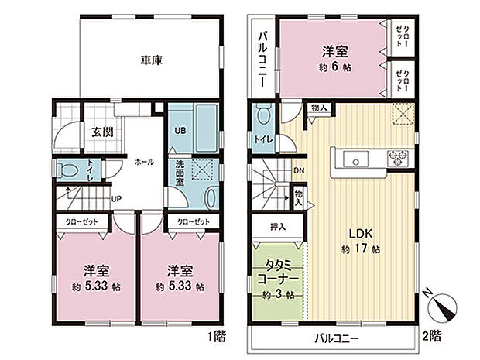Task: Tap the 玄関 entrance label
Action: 101,132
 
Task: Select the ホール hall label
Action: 144,162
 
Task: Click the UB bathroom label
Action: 178,129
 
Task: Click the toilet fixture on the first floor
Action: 67,169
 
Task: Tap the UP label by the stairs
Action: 115,199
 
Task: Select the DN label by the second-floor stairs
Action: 298,171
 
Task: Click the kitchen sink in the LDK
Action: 358,161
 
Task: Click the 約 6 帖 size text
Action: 334,67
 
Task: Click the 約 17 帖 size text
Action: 360,249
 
